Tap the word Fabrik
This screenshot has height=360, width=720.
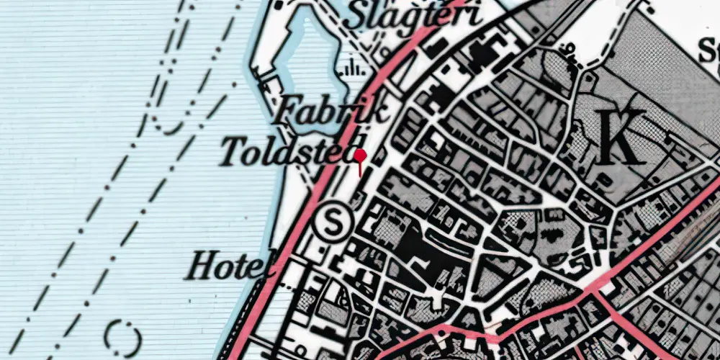[333, 112]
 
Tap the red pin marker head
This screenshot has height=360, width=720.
[360, 155]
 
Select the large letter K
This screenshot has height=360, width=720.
[623, 140]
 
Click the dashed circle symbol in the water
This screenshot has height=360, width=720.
[122, 336]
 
